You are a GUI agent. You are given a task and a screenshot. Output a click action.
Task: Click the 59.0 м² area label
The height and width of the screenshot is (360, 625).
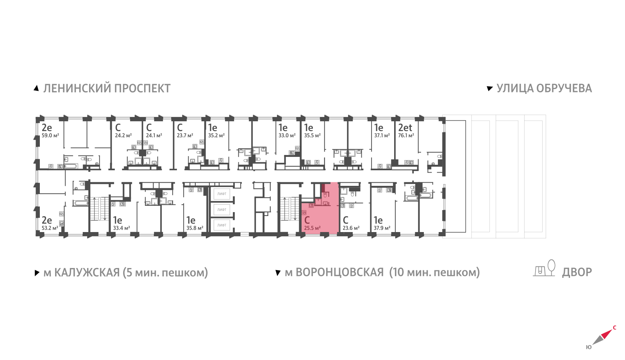point(50,135)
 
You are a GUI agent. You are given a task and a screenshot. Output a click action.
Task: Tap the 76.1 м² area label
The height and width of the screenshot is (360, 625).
point(406,135)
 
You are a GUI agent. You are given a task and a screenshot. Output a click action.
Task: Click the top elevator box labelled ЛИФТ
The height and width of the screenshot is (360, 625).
point(222,194)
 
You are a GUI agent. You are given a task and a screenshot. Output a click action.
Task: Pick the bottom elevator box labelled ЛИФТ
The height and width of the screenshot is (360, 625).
point(222,225)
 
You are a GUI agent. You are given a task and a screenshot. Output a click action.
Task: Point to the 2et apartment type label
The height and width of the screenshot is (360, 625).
point(405,128)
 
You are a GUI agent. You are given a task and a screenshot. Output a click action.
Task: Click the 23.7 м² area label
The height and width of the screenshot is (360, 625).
point(185,135)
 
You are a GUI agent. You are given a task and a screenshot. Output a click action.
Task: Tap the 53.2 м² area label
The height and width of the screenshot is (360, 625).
point(50,228)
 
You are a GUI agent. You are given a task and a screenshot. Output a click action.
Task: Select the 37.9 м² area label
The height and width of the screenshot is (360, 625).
point(382,228)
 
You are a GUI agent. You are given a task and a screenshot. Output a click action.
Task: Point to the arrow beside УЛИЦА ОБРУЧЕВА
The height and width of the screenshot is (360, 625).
point(490,88)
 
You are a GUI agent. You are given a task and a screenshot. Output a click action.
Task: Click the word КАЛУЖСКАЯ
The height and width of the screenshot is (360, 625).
point(87,272)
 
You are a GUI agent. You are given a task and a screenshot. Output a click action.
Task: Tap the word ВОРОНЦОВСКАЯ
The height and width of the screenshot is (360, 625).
point(339,272)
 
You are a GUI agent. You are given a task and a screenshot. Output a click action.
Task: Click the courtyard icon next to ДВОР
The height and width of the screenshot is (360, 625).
point(544,268)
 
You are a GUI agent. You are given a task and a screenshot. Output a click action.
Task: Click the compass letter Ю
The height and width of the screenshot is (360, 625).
point(588,347)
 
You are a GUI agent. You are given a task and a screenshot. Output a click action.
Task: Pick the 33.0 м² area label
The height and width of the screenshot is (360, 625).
point(287,135)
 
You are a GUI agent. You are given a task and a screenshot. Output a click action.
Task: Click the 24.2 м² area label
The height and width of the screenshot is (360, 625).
point(123,135)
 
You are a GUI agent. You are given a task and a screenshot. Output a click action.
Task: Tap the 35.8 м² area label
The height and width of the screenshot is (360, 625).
point(195,228)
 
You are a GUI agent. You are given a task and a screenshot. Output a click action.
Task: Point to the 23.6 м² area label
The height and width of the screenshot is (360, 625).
point(351,228)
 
